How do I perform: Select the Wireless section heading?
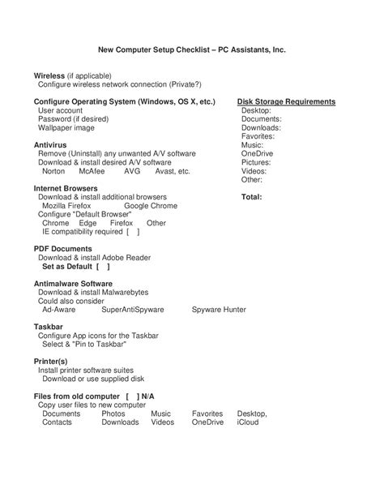tap(50, 75)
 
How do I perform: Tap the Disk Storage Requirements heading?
tap(286, 102)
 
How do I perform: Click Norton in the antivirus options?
tap(53, 171)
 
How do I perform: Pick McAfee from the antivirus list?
tap(92, 171)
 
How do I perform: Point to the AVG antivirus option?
tap(132, 171)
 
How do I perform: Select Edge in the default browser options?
tap(88, 223)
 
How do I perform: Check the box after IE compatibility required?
tap(133, 232)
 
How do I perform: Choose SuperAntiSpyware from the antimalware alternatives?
tap(133, 310)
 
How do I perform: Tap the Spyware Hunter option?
tap(219, 310)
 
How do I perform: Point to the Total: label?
tap(252, 197)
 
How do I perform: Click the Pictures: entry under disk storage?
tap(257, 162)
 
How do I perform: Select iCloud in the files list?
tap(248, 422)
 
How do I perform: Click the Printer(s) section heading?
tap(50, 361)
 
